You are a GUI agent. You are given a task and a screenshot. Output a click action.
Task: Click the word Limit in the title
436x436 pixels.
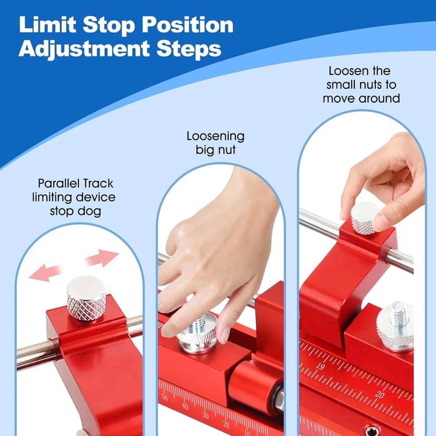click(47, 25)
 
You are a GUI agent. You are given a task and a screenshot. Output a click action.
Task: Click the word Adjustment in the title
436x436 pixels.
click(84, 49)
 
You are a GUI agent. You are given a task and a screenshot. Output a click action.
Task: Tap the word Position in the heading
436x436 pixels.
click(187, 25)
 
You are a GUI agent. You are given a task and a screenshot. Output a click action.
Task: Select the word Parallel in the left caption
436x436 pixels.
click(58, 184)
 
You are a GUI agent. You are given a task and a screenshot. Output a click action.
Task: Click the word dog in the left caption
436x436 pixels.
click(89, 212)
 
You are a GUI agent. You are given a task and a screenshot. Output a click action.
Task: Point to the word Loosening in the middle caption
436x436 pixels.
click(215, 136)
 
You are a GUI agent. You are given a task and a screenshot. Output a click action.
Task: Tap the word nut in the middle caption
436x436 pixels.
click(227, 150)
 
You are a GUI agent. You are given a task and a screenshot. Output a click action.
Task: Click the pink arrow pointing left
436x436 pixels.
click(44, 272)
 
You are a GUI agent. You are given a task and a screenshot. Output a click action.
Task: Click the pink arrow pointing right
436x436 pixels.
click(102, 258)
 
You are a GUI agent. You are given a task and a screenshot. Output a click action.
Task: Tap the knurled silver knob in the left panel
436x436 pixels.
click(86, 298)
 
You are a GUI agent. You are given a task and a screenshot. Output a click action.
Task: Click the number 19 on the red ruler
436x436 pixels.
click(320, 366)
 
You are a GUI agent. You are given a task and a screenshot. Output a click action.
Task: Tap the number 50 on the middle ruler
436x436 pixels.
click(165, 397)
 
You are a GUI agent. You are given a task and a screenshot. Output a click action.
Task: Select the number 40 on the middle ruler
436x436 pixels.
click(185, 406)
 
